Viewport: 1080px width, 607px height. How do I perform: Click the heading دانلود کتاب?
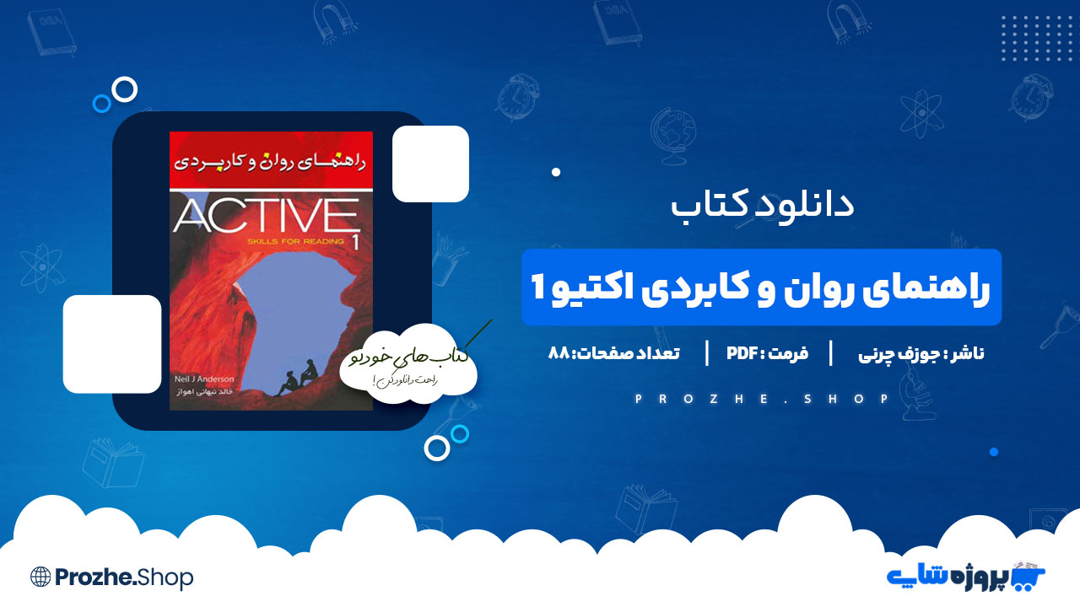point(762,205)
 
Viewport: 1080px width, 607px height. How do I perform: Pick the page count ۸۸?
point(559,354)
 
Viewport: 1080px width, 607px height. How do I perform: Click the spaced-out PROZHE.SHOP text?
point(762,399)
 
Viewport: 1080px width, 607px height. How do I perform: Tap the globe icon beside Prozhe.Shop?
point(40,577)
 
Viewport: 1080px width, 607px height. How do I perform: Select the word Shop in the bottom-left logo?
point(167,577)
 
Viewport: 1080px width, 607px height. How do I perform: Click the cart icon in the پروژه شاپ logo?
point(1030,575)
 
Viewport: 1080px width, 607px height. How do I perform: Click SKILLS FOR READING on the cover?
point(296,241)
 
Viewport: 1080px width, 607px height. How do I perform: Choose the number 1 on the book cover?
point(354,242)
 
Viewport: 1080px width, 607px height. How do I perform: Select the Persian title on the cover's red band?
point(271,159)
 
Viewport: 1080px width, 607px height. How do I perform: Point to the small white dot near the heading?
point(556,172)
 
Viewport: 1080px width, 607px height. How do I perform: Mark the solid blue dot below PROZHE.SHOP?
point(994,452)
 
